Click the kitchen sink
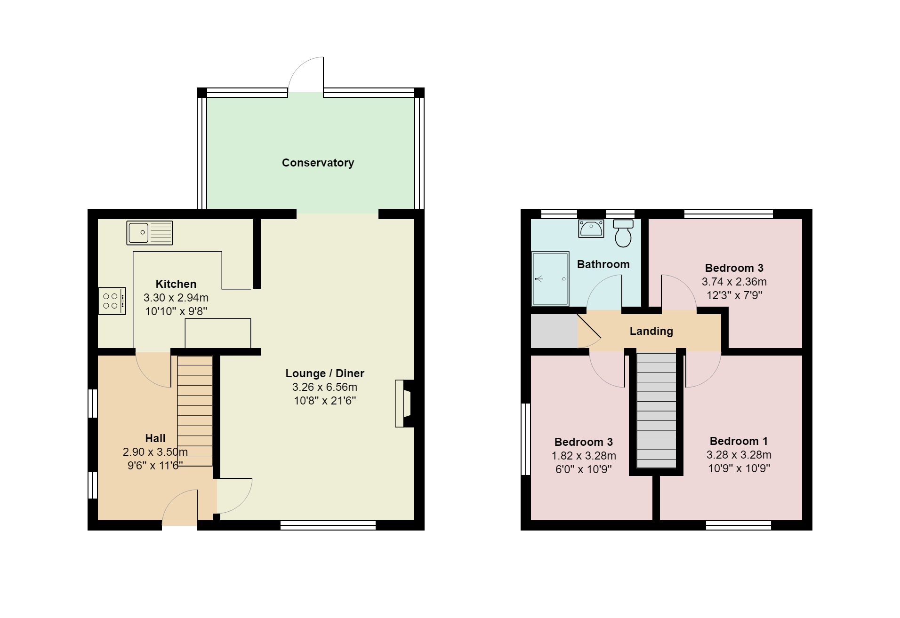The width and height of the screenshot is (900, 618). click(x=150, y=233)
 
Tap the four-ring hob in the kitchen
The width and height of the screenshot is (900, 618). click(x=112, y=301)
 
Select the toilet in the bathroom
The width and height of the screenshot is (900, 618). click(x=623, y=233)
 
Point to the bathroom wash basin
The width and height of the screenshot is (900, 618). click(x=591, y=229)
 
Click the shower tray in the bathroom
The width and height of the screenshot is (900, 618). click(x=550, y=279)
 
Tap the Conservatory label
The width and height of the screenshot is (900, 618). click(x=318, y=163)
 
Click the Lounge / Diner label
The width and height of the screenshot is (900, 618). click(x=325, y=373)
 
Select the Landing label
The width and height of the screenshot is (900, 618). click(x=651, y=331)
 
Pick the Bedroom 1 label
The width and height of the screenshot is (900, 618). click(x=739, y=441)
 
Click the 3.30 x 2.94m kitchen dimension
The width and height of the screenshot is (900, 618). click(x=176, y=298)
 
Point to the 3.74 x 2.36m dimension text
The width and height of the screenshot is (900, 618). click(x=734, y=282)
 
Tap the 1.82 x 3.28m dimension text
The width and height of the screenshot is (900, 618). click(x=584, y=456)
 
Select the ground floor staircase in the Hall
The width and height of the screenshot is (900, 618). click(x=195, y=411)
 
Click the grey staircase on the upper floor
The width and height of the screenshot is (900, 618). click(x=656, y=411)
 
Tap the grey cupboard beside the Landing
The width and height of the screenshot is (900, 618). click(x=554, y=331)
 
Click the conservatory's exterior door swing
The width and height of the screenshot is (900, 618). click(x=306, y=75)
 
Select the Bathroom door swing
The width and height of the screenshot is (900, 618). click(x=604, y=293)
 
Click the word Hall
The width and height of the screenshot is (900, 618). click(x=155, y=438)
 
